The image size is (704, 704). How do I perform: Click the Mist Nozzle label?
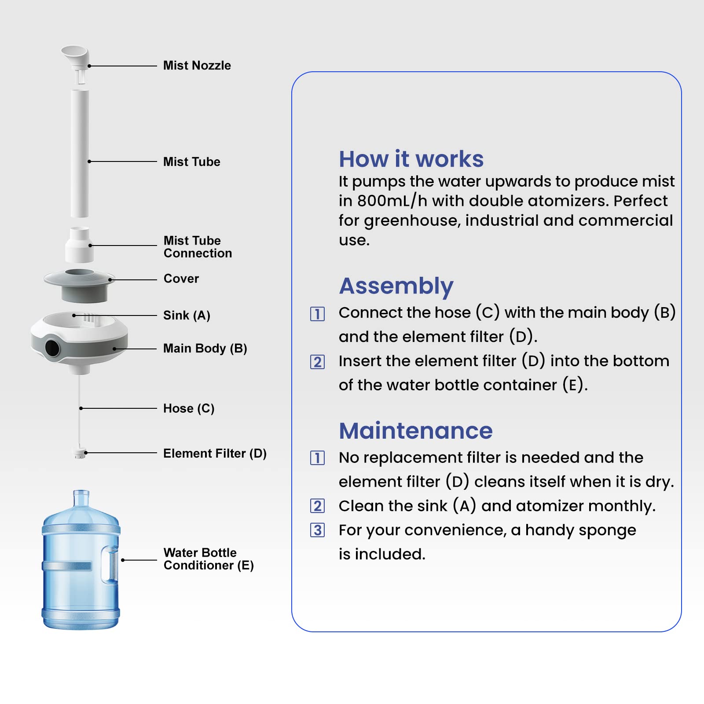point(197,66)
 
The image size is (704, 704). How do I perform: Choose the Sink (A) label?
point(187,315)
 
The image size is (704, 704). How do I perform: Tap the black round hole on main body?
point(52,348)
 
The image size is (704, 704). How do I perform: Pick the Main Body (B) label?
point(205,348)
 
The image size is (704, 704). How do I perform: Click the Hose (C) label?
point(189,409)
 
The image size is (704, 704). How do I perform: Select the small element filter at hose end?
point(80,453)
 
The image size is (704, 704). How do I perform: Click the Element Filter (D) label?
point(215,454)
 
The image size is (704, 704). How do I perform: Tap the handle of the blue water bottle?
point(110,564)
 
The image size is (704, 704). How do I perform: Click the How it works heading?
point(411,159)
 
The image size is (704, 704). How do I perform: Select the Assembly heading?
point(396,286)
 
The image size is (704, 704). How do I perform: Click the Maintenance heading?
point(415,431)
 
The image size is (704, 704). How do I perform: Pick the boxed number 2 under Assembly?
point(317,362)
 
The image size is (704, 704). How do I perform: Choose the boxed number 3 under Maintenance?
point(317,530)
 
